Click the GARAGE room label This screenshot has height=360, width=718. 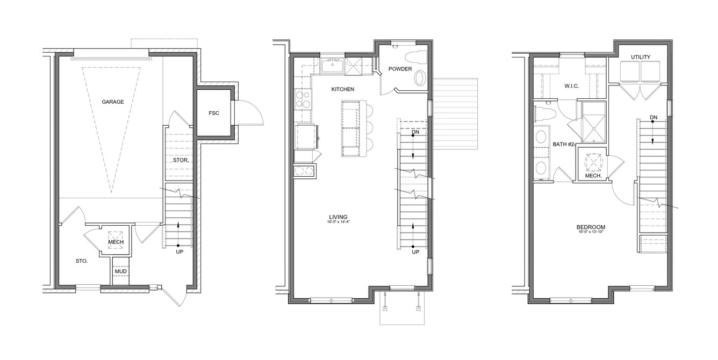coord(113,102)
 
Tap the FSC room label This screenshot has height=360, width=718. coord(214,113)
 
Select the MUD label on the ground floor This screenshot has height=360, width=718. coord(121,271)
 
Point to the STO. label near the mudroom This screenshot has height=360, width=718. coord(82,261)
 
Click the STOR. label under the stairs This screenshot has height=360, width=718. coord(181,160)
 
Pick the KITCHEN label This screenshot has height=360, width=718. coord(343,89)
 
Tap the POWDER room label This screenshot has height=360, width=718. coord(400,69)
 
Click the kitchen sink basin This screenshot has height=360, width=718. coord(332,67)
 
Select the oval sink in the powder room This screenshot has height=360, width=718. coord(419,78)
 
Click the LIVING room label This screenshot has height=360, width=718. coord(338,217)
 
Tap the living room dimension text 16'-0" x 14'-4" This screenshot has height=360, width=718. coord(338,222)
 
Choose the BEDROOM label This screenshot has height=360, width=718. coord(591,227)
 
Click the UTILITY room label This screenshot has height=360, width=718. coord(641,57)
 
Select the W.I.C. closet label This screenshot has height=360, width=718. coord(572,86)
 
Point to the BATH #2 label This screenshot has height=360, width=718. coord(563,145)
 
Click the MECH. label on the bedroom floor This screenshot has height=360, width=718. coord(593,176)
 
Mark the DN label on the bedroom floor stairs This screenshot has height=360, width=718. coord(654,118)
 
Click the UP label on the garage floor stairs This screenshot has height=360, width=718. coord(180,252)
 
